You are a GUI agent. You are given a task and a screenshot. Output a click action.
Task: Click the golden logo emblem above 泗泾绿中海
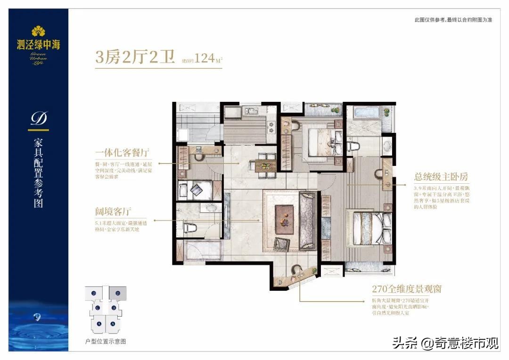tap(38, 32)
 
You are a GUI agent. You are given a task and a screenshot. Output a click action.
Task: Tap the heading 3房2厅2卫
tap(135, 58)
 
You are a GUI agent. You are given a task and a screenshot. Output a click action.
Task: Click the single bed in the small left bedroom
tap(195, 191)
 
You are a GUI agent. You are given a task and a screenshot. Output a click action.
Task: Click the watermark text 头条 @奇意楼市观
tap(445, 343)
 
